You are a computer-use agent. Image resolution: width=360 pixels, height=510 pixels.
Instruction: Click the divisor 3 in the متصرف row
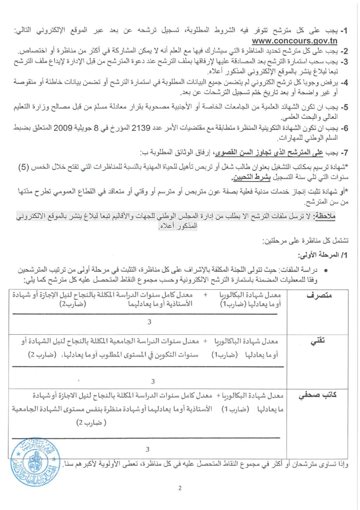[149, 322]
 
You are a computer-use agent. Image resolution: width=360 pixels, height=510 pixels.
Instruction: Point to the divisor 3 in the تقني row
[152, 381]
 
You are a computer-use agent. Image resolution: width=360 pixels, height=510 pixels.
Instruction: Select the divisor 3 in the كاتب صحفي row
[148, 449]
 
